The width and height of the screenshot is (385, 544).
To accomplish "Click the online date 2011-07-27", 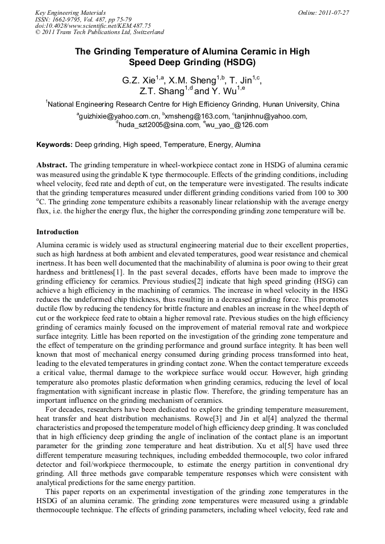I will click(334, 12).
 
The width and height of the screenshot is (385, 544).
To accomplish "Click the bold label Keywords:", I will click(55, 145).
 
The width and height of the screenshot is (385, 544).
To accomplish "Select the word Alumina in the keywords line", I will click(248, 145).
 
